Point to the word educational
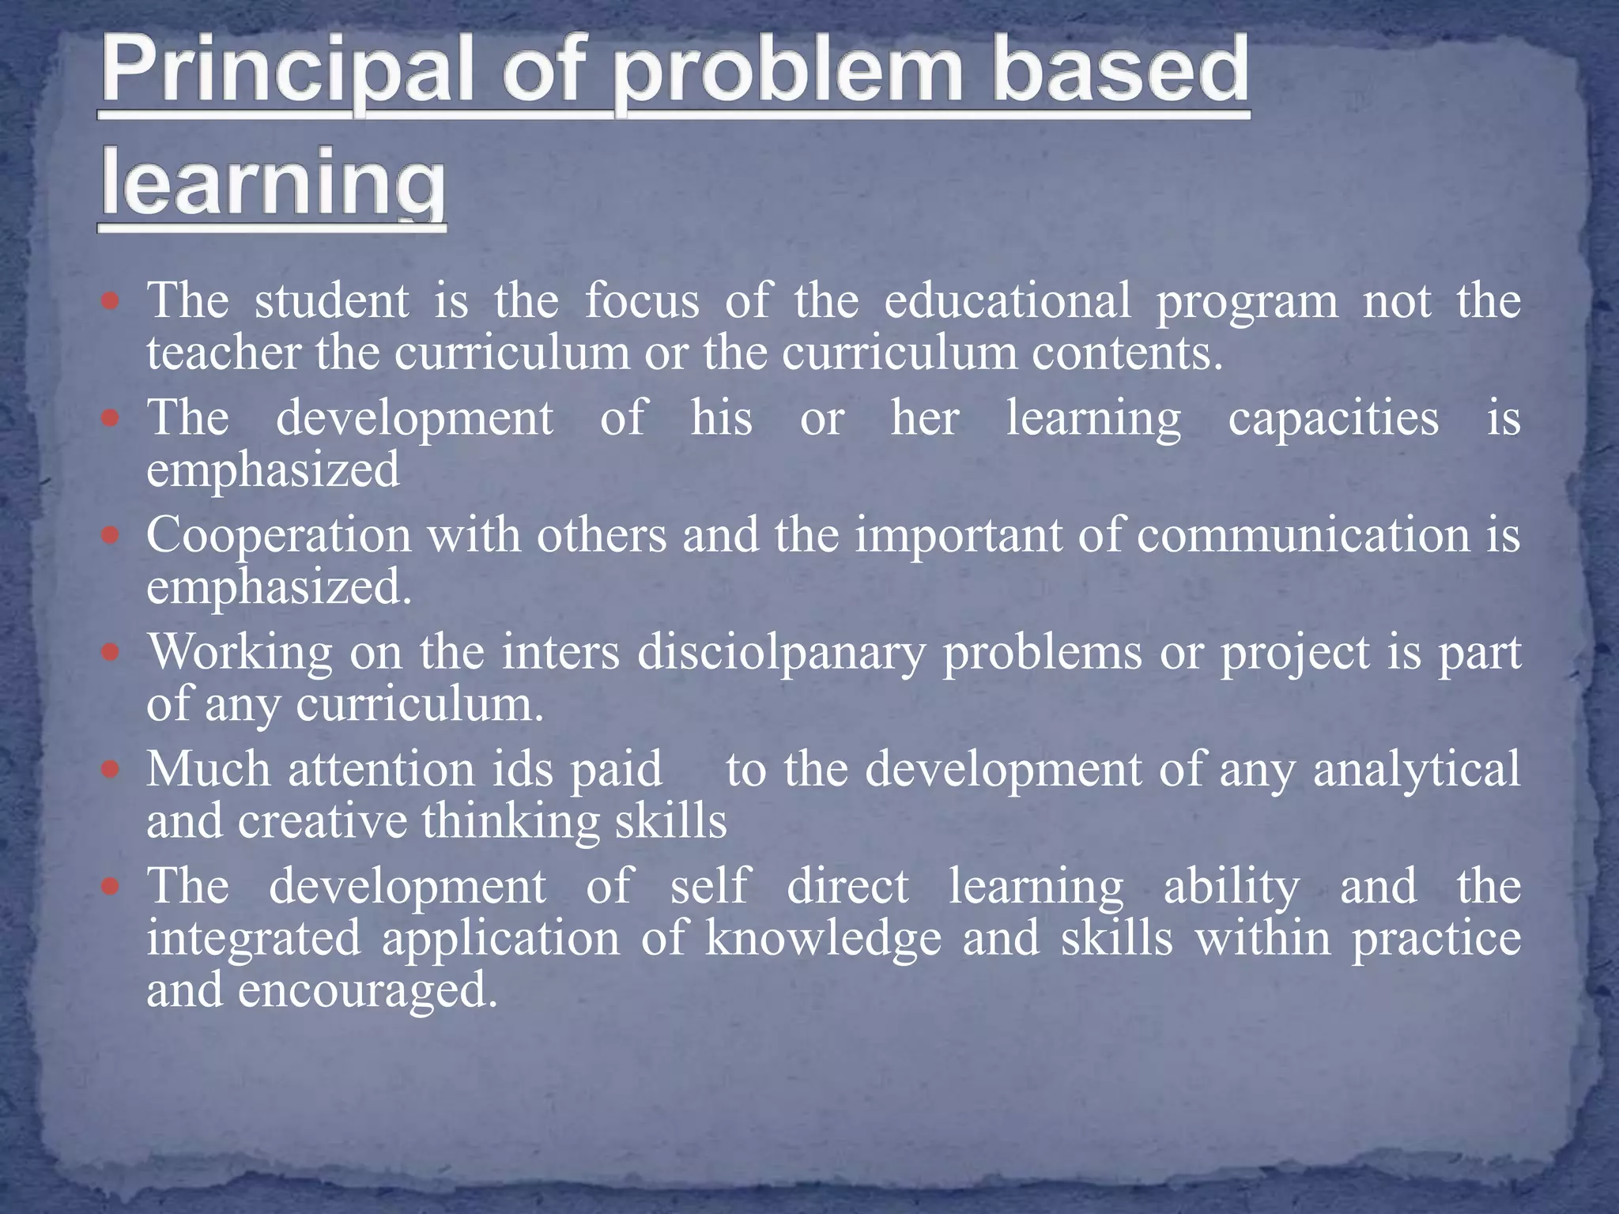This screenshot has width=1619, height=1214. coord(1007,301)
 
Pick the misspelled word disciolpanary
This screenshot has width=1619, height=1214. coord(781,653)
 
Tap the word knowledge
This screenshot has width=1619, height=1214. coord(823,938)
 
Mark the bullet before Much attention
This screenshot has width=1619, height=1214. coord(111,769)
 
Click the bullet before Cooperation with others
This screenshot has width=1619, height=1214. coord(111,536)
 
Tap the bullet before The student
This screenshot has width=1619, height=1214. coord(111,301)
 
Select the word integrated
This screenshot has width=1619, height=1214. coord(254,938)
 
